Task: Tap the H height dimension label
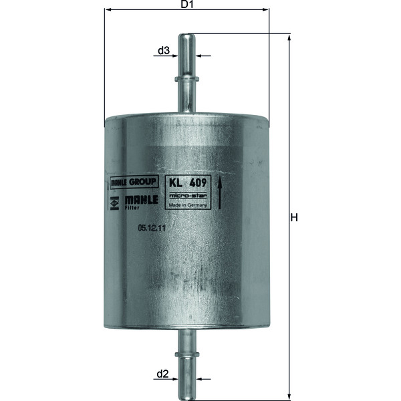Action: [294, 218]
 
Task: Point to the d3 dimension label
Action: [163, 50]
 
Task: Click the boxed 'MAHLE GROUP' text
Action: [133, 182]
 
